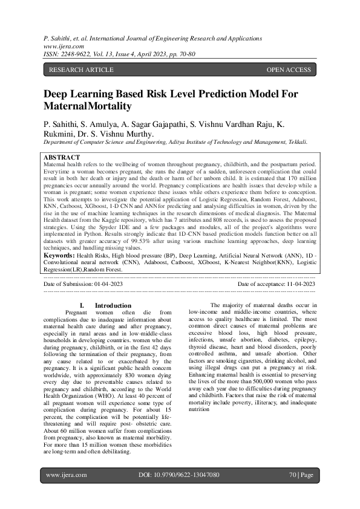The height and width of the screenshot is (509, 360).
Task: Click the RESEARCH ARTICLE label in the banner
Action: point(80,70)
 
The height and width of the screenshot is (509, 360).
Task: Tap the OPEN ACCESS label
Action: point(289,70)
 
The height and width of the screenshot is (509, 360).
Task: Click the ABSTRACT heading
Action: point(61,157)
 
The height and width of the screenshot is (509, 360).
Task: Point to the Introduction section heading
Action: point(113,305)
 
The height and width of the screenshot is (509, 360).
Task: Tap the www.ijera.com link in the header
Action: point(64,45)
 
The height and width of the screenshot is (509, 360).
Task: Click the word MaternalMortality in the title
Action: point(87,106)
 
